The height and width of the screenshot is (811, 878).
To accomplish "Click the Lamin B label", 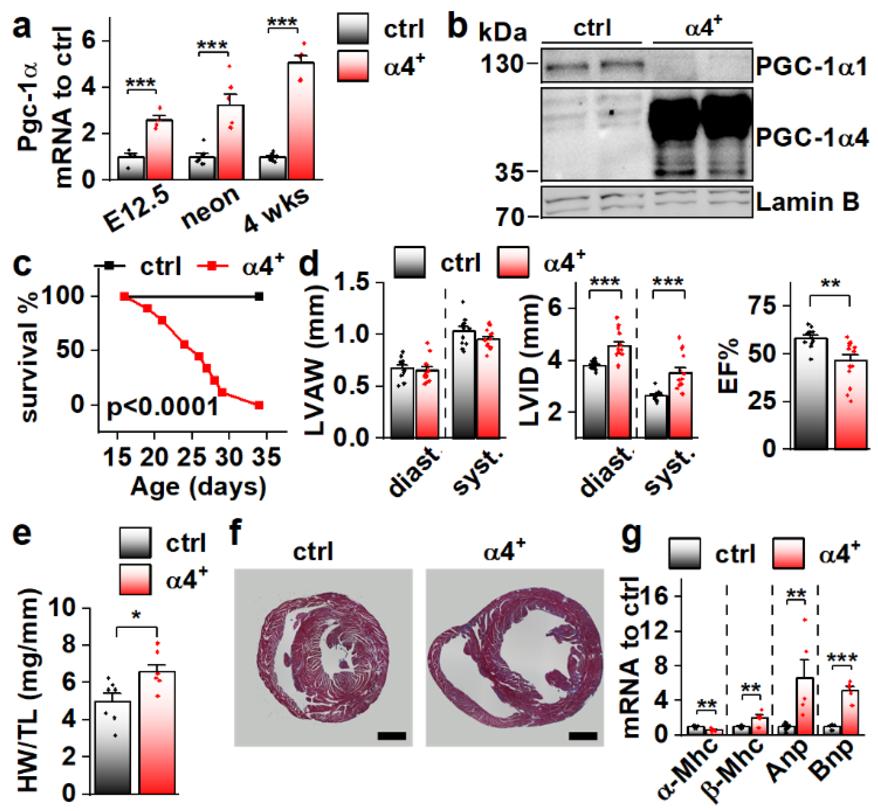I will [807, 202].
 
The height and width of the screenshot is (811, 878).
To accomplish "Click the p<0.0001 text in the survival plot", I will [162, 406].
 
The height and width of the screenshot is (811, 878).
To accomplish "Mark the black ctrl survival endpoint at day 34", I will [259, 297].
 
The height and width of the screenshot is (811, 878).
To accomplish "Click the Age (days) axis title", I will [198, 487].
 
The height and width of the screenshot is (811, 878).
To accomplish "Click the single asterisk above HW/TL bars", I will [136, 616].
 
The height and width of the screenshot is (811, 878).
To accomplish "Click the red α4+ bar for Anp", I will [805, 706].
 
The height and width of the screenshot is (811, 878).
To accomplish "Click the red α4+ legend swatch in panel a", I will [353, 66].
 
